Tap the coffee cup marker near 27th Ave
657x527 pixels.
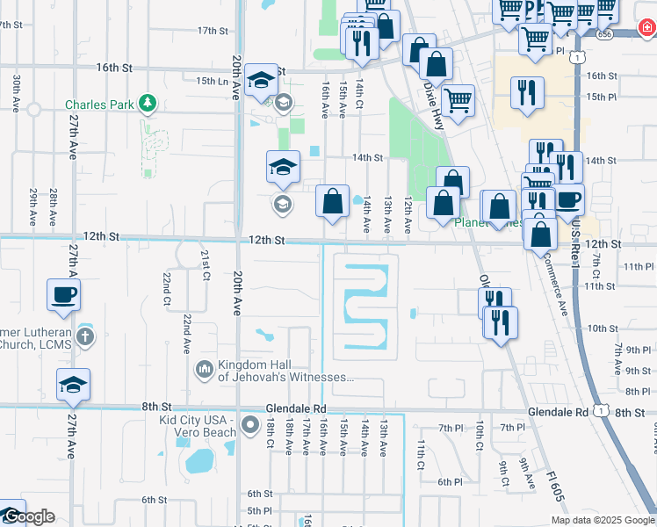click(x=64, y=295)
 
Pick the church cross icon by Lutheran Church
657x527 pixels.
click(x=85, y=336)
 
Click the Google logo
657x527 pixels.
click(x=28, y=516)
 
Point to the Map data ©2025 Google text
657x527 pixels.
click(x=603, y=519)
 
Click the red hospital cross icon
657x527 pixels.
click(x=646, y=32)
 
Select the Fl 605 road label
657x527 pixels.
click(x=552, y=480)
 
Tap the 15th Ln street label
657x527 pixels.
click(x=212, y=81)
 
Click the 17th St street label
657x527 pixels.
click(x=213, y=31)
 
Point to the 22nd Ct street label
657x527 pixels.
click(x=166, y=288)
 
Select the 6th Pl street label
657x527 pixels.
click(x=450, y=481)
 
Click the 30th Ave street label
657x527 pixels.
click(x=16, y=90)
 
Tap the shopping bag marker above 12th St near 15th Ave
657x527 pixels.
click(x=332, y=201)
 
